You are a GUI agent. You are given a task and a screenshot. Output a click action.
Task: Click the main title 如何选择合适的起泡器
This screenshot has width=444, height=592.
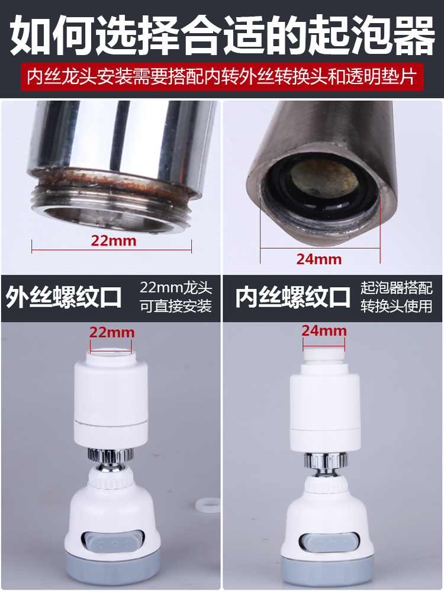tap(222, 35)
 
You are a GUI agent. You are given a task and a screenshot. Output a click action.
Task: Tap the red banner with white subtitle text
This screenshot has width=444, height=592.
tap(222, 77)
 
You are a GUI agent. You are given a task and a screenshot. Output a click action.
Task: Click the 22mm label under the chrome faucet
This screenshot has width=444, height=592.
tap(113, 240)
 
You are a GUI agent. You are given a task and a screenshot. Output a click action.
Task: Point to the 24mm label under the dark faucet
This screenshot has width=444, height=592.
tap(319, 259)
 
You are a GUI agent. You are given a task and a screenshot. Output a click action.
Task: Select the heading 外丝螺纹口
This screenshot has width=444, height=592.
tap(64, 298)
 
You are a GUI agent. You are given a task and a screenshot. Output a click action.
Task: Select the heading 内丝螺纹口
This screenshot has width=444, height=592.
tap(294, 298)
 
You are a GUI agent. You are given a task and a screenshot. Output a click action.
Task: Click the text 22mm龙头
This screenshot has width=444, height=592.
tap(176, 288)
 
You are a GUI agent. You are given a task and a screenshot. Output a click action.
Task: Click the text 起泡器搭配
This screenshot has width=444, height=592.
tap(397, 288)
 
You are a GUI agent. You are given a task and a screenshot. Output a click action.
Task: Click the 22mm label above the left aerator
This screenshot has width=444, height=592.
tap(112, 332)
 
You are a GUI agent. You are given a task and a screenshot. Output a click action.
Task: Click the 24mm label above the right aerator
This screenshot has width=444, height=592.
tap(324, 330)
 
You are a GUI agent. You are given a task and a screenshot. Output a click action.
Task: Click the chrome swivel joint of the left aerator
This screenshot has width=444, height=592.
tap(111, 459)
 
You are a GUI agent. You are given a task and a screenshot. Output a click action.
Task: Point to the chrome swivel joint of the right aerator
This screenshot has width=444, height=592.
tap(326, 464)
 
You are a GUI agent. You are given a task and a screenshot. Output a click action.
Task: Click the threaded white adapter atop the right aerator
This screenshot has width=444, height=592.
tap(324, 356)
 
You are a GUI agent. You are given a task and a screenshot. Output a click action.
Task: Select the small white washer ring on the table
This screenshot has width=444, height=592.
tap(208, 505)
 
